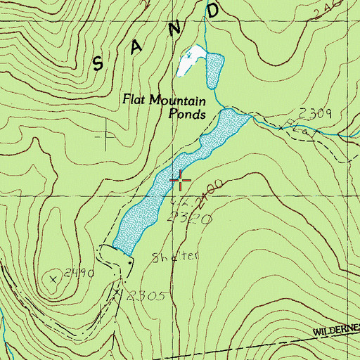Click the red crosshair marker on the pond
click(181, 181)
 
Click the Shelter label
click(171, 258)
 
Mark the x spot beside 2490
click(53, 278)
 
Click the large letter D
click(214, 11)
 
